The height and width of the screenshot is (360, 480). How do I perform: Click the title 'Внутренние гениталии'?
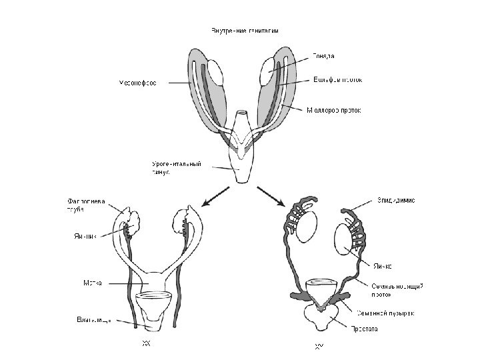(245, 30)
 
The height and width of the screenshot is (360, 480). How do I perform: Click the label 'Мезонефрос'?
(138, 83)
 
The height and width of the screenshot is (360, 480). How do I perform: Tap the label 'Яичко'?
(387, 265)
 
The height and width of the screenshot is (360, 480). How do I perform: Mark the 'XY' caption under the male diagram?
(319, 345)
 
